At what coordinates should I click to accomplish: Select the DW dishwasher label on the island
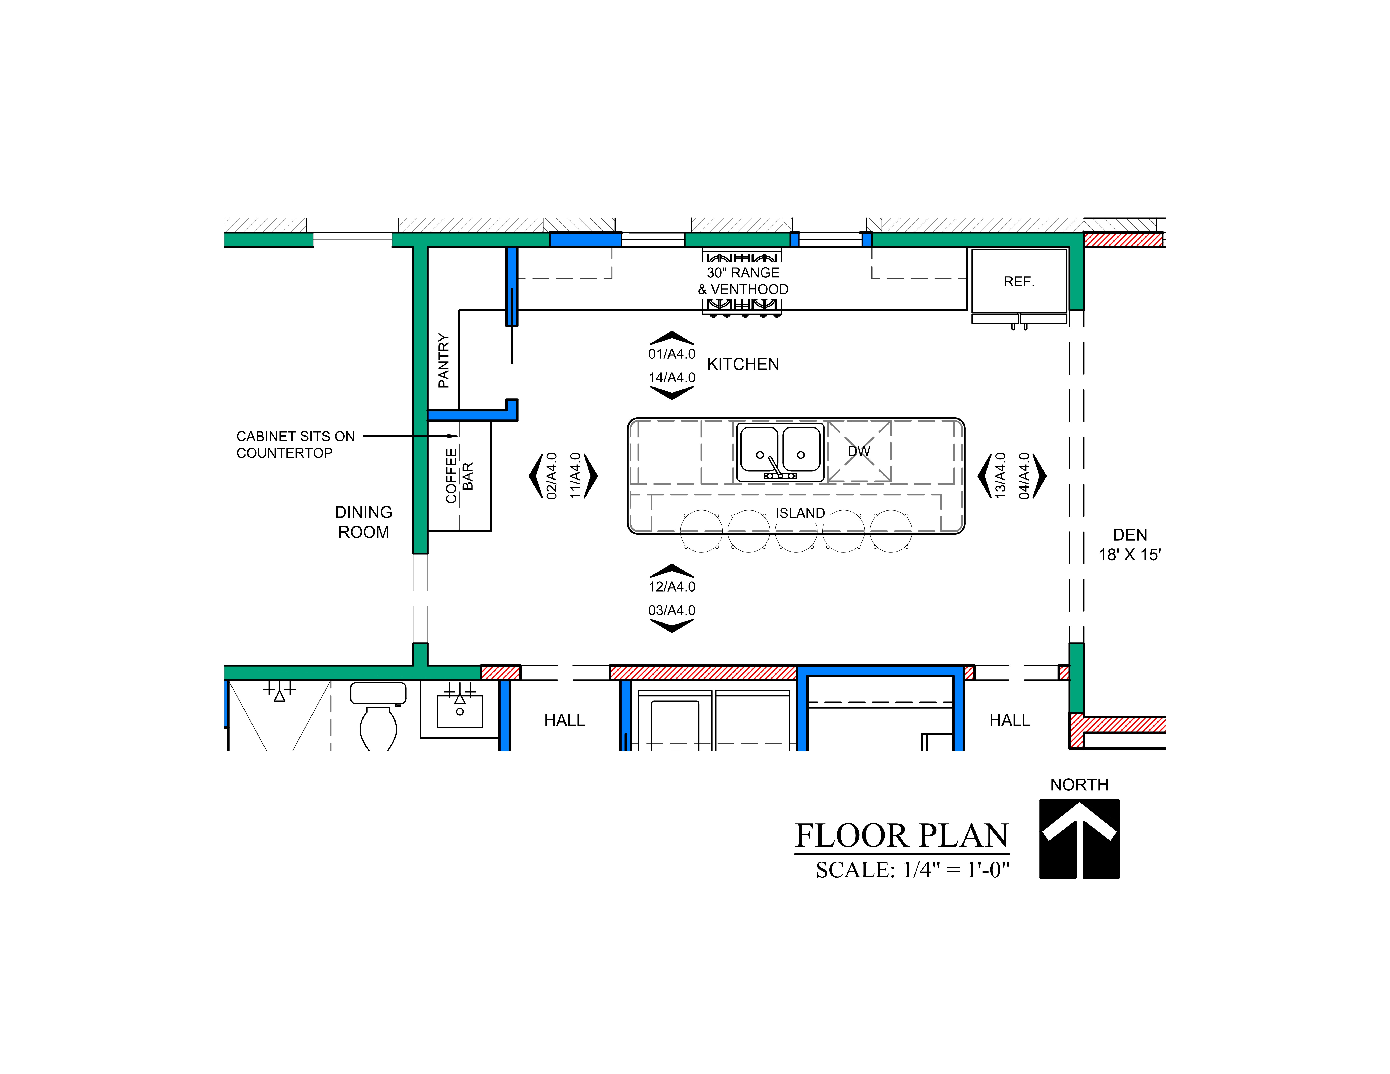tap(859, 451)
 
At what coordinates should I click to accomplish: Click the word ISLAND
tap(800, 513)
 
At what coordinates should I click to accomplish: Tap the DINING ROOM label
tap(364, 522)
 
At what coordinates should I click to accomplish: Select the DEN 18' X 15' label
tap(1130, 545)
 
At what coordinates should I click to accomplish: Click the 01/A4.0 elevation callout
tap(671, 354)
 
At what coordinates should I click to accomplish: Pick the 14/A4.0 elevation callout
tap(671, 377)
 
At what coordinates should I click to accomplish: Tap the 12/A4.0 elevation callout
tap(671, 587)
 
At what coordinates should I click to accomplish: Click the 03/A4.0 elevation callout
tap(671, 610)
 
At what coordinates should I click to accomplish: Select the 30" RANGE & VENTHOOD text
tap(743, 281)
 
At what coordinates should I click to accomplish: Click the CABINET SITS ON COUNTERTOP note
tap(295, 444)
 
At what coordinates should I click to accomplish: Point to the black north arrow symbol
tap(1079, 839)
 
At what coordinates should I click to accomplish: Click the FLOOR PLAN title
tap(902, 835)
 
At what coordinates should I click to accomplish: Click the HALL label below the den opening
tap(1009, 720)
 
